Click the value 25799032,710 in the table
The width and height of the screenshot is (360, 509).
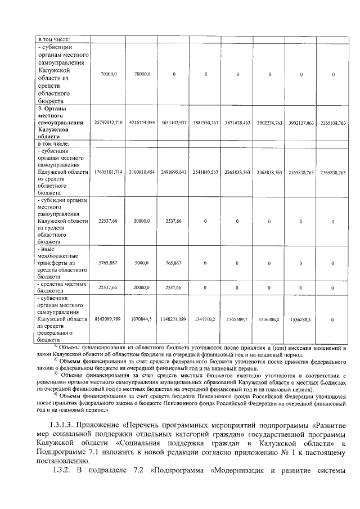click(x=107, y=122)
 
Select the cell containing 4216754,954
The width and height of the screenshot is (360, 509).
click(x=141, y=122)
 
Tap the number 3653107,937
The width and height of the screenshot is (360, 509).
click(x=173, y=122)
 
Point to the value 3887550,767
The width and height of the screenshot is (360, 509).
click(x=205, y=122)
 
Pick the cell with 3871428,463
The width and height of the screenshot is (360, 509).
click(x=237, y=122)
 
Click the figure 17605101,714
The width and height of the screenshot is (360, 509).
click(x=107, y=172)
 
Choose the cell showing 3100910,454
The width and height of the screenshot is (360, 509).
click(x=141, y=172)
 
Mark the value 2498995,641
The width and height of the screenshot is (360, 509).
click(x=173, y=172)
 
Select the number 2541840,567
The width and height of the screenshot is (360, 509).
click(x=205, y=172)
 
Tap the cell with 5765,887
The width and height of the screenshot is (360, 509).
click(x=107, y=263)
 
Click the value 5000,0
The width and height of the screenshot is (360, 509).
click(x=141, y=263)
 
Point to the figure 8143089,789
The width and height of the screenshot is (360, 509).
click(x=107, y=319)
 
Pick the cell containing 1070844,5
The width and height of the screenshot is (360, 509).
click(x=141, y=319)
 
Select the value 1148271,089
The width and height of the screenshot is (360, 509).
click(x=173, y=319)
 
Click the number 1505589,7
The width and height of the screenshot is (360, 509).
click(x=237, y=319)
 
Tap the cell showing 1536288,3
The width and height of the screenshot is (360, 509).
click(x=301, y=319)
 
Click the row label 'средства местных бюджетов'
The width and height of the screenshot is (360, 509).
click(x=61, y=287)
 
